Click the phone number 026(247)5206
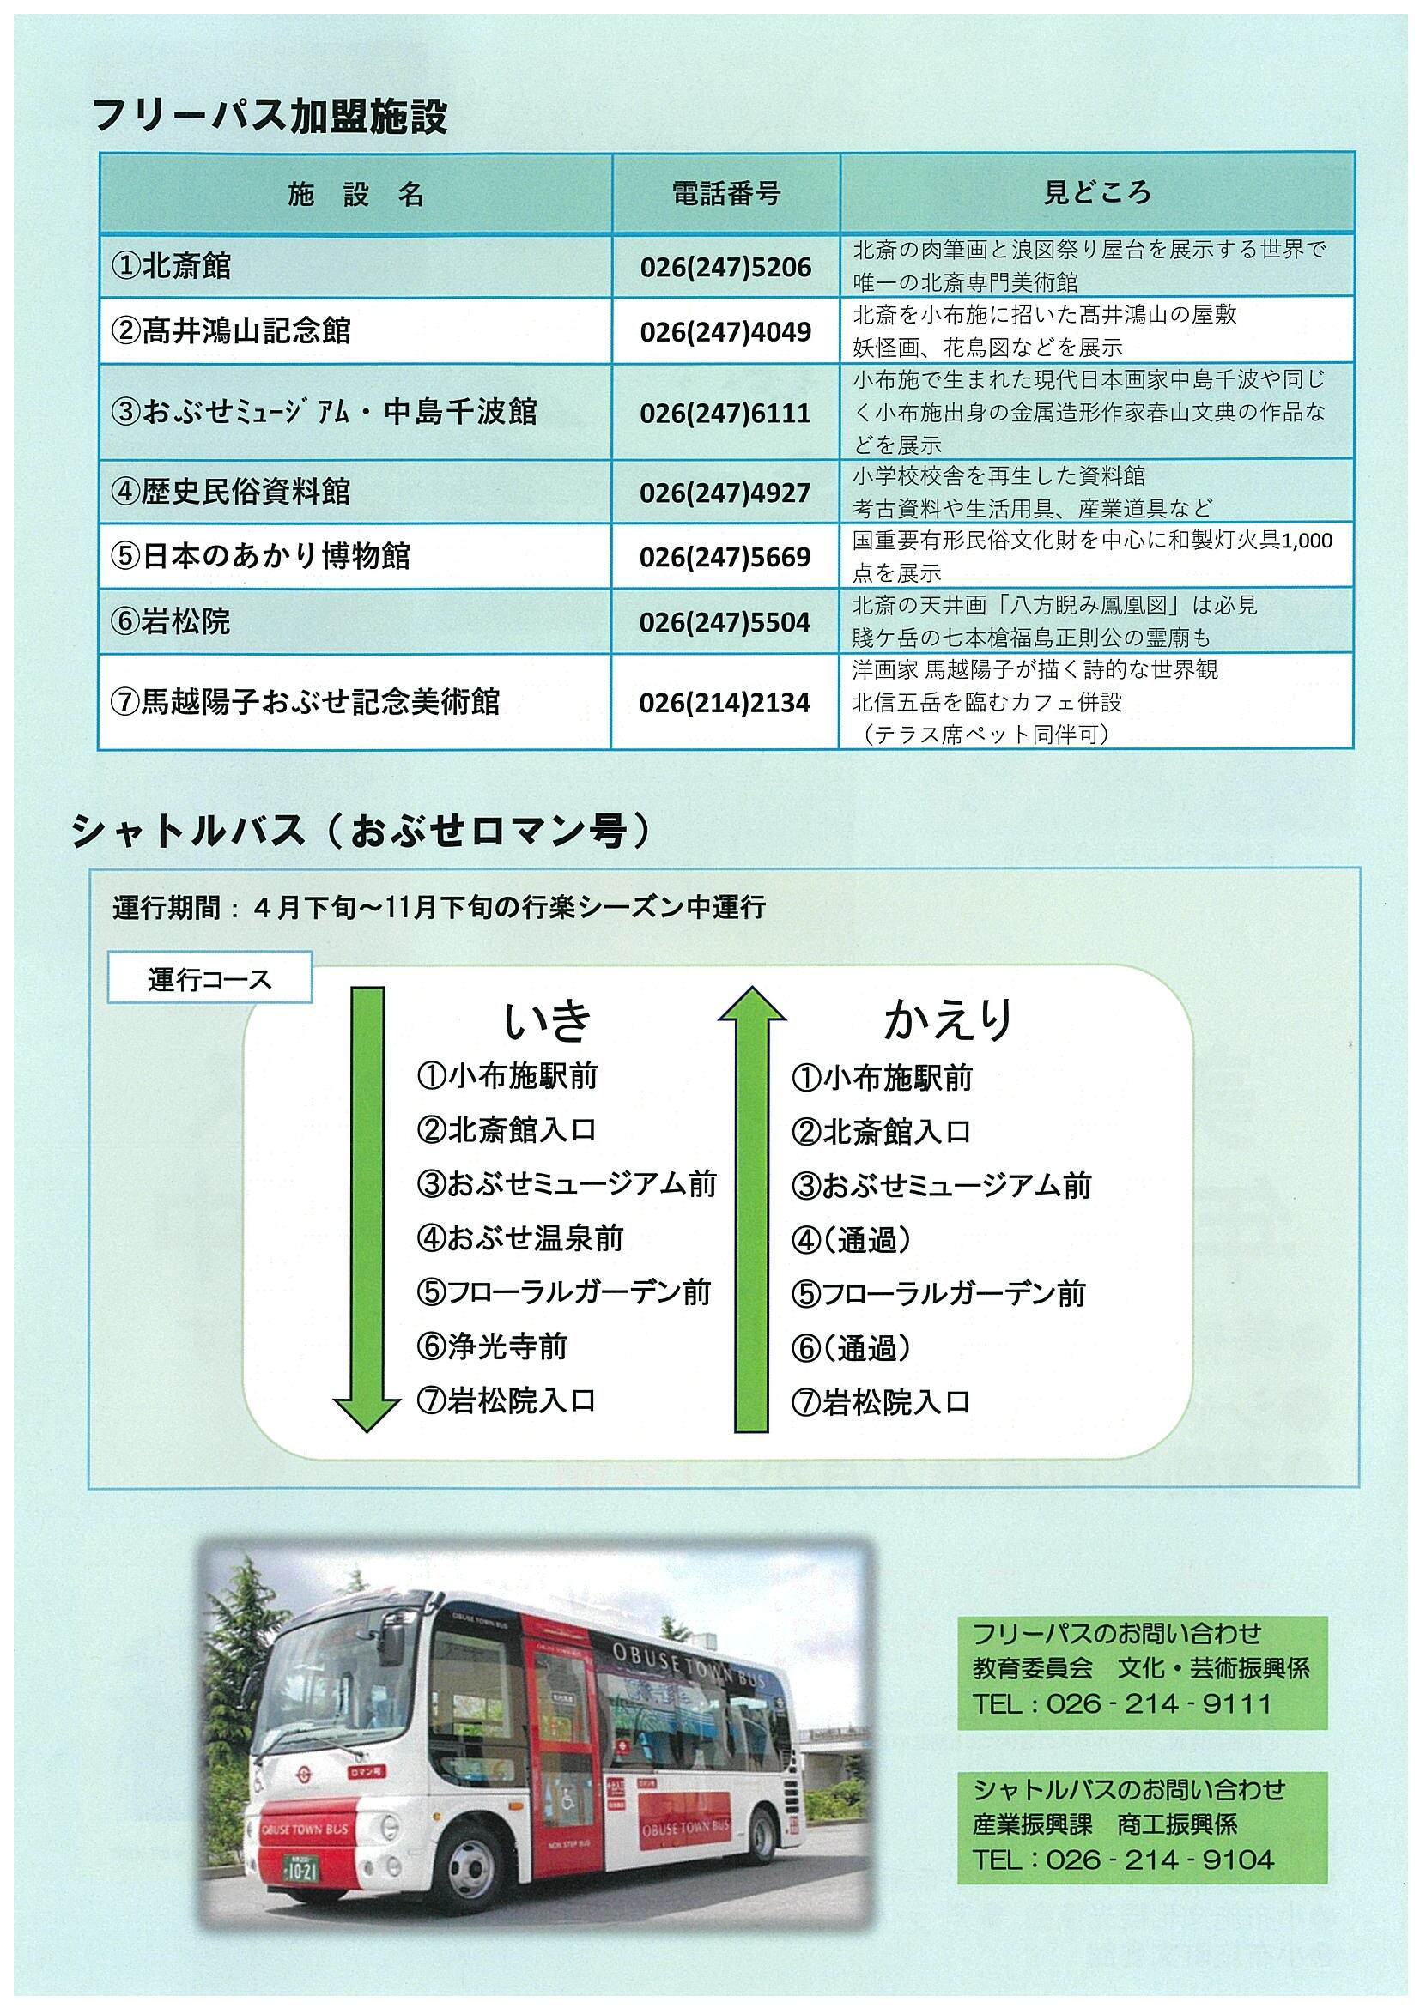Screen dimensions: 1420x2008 pyautogui.click(x=725, y=267)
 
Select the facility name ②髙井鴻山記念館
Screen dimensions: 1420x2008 pyautogui.click(x=231, y=331)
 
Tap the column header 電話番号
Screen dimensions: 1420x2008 pyautogui.click(x=725, y=193)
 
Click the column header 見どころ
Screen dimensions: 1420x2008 pyautogui.click(x=1096, y=192)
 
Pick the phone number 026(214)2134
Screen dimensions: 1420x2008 pyautogui.click(x=725, y=703)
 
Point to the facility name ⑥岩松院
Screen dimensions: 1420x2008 pyautogui.click(x=171, y=622)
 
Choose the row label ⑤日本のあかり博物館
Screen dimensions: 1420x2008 pyautogui.click(x=261, y=557)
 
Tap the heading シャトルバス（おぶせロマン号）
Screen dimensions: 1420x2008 pyautogui.click(x=363, y=832)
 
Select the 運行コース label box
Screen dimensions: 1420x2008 pyautogui.click(x=209, y=979)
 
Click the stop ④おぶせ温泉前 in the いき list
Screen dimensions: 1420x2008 pyautogui.click(x=519, y=1237)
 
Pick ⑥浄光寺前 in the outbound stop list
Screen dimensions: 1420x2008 pyautogui.click(x=492, y=1346)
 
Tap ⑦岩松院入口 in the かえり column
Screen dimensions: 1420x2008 pyautogui.click(x=881, y=1402)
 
